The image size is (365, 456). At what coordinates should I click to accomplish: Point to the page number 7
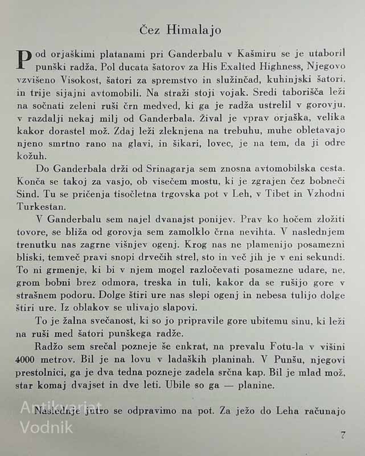(343, 435)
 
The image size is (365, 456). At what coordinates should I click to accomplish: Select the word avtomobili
(124, 93)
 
